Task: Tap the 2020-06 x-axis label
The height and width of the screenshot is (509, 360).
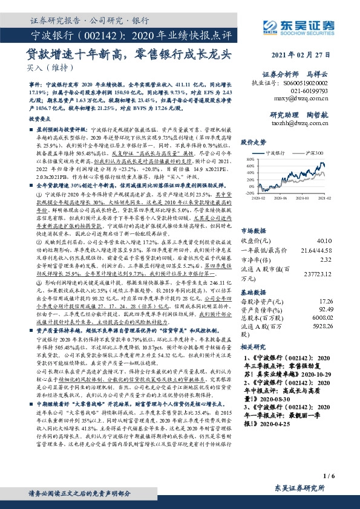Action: click(x=281, y=198)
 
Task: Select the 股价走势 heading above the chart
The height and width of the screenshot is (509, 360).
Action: click(x=254, y=143)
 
